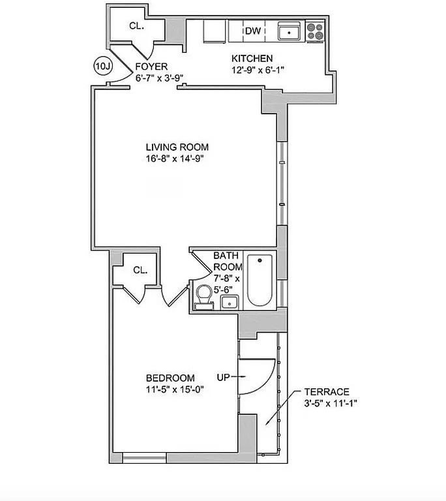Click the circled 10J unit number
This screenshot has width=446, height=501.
click(103, 66)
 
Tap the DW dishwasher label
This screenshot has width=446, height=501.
click(253, 31)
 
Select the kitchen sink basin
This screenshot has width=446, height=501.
click(289, 32)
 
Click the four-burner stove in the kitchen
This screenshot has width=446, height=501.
click(315, 31)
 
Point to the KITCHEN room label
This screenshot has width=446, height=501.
click(252, 59)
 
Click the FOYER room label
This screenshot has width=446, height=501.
click(151, 67)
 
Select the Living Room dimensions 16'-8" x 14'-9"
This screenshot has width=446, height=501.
click(175, 159)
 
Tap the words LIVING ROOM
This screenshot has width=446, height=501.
click(177, 147)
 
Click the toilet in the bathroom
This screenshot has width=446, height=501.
click(204, 297)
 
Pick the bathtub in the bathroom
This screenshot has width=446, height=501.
click(260, 281)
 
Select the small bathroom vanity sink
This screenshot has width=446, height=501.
click(230, 302)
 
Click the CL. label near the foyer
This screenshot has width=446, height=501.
click(136, 26)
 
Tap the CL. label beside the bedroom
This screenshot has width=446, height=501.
click(140, 270)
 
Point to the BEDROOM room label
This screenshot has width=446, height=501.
click(170, 378)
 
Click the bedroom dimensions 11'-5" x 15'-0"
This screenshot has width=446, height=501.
click(175, 389)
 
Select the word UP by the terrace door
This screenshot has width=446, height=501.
click(223, 377)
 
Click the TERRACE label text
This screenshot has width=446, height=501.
click(327, 391)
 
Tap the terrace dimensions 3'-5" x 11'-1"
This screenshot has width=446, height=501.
click(331, 403)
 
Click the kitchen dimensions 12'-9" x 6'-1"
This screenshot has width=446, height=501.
click(258, 70)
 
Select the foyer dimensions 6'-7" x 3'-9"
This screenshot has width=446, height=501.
click(159, 78)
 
